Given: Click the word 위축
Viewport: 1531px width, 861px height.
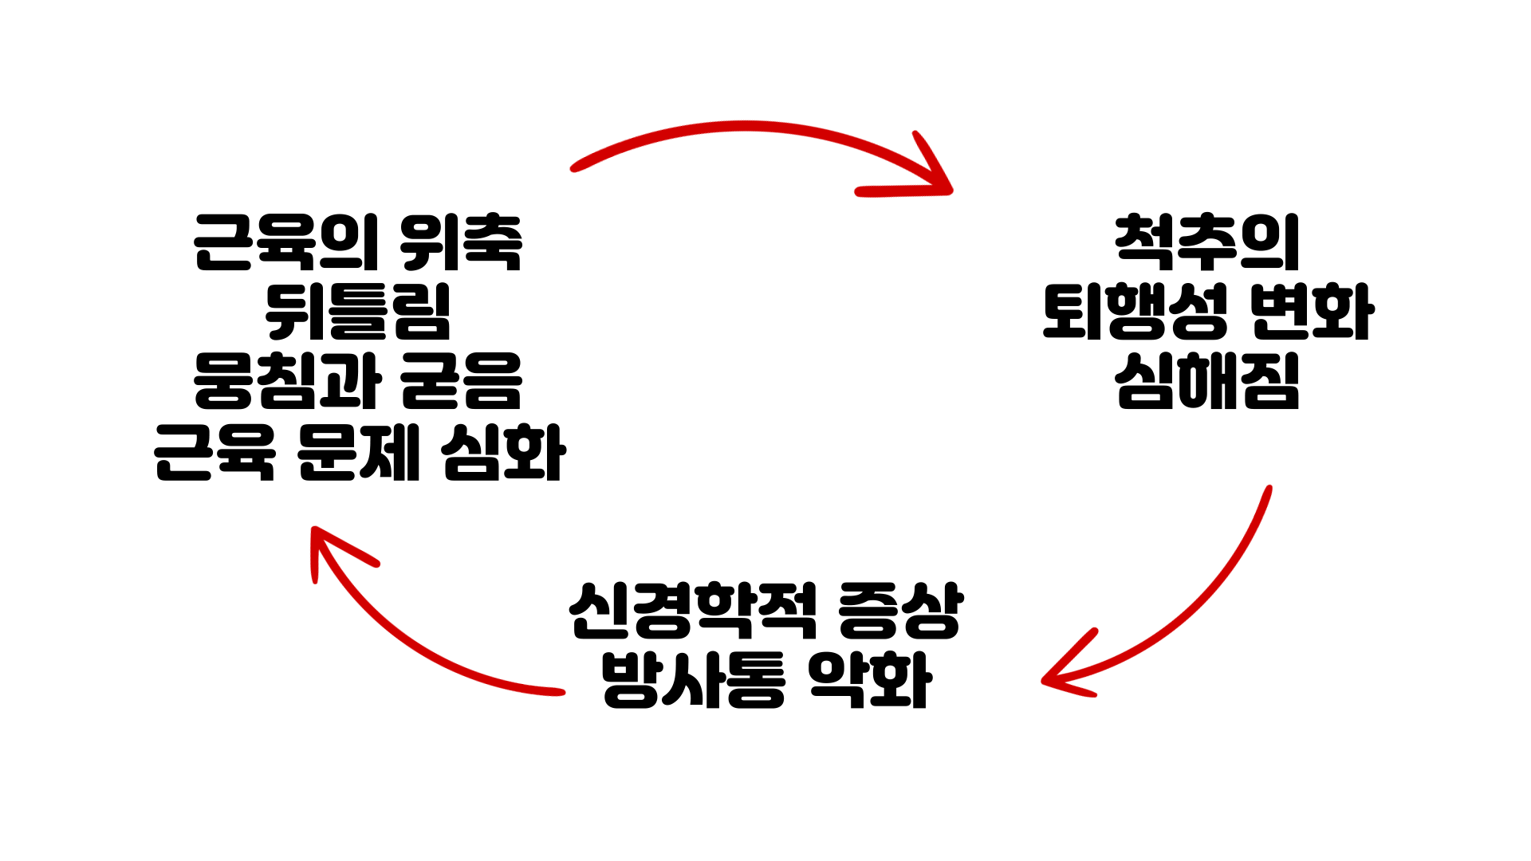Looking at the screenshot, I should click(461, 242).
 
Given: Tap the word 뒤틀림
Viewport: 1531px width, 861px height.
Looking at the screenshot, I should click(358, 312).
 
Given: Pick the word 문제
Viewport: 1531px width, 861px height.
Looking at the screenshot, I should click(358, 453).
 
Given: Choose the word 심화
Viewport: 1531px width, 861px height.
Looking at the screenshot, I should click(503, 453).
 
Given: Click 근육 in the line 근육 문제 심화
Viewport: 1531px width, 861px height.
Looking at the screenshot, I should click(214, 453).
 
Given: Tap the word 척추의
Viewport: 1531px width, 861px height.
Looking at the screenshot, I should click(1207, 242).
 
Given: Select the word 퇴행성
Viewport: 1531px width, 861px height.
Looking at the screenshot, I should click(1135, 312).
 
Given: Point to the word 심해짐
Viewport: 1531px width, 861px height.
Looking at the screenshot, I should click(1207, 381).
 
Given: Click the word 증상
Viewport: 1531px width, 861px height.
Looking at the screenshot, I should click(901, 611).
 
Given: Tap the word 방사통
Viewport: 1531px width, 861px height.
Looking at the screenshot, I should click(693, 680).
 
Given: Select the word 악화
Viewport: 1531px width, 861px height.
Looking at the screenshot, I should click(869, 680).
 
